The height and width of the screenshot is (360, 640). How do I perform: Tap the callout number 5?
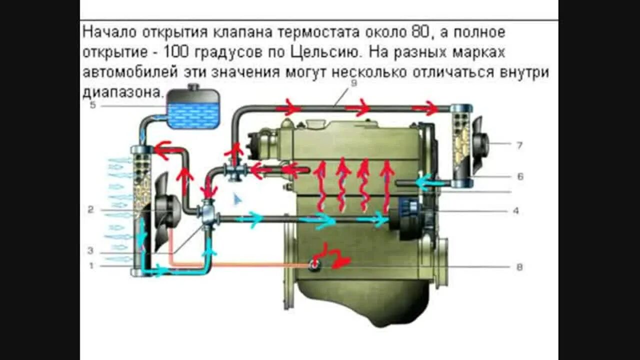coord(92,105)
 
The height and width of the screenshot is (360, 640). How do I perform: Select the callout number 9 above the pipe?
coord(353,83)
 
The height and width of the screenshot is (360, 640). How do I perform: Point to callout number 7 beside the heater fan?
coord(519,145)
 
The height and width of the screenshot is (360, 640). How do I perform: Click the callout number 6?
coord(520,176)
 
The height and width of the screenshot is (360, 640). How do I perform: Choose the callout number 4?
coord(516,211)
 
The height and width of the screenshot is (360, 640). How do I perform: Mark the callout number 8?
coord(519,267)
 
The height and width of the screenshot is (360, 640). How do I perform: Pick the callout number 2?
coord(90,210)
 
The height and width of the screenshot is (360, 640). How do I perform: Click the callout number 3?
coord(90,250)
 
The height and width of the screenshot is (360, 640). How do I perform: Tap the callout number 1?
coord(91,266)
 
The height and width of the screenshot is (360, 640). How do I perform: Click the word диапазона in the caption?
coord(122,92)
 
